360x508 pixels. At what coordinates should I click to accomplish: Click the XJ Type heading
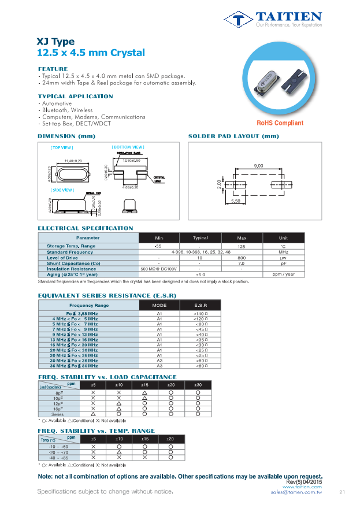pyautogui.click(x=55, y=42)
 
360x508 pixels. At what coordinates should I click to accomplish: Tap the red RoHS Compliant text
pyautogui.click(x=280, y=123)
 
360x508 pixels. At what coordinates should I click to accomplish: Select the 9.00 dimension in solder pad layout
pyautogui.click(x=258, y=166)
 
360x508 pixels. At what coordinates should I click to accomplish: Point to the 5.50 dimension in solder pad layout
pyautogui.click(x=236, y=201)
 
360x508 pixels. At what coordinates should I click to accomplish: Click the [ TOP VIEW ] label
pyautogui.click(x=61, y=148)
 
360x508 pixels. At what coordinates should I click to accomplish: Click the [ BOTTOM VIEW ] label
pyautogui.click(x=128, y=147)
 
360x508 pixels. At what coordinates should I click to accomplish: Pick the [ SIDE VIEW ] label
pyautogui.click(x=62, y=190)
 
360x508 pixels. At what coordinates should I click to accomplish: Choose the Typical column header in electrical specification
pyautogui.click(x=200, y=238)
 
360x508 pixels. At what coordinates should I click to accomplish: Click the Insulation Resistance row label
pyautogui.click(x=71, y=269)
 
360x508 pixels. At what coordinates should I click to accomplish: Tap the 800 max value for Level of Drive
pyautogui.click(x=242, y=258)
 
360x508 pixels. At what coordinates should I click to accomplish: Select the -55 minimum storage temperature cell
pyautogui.click(x=158, y=247)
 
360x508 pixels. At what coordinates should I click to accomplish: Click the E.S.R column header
pyautogui.click(x=200, y=305)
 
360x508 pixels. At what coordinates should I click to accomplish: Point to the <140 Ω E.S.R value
pyautogui.click(x=200, y=313)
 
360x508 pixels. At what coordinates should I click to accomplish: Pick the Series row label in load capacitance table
pyautogui.click(x=58, y=414)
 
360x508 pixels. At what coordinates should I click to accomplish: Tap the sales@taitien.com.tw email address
pyautogui.click(x=296, y=492)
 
